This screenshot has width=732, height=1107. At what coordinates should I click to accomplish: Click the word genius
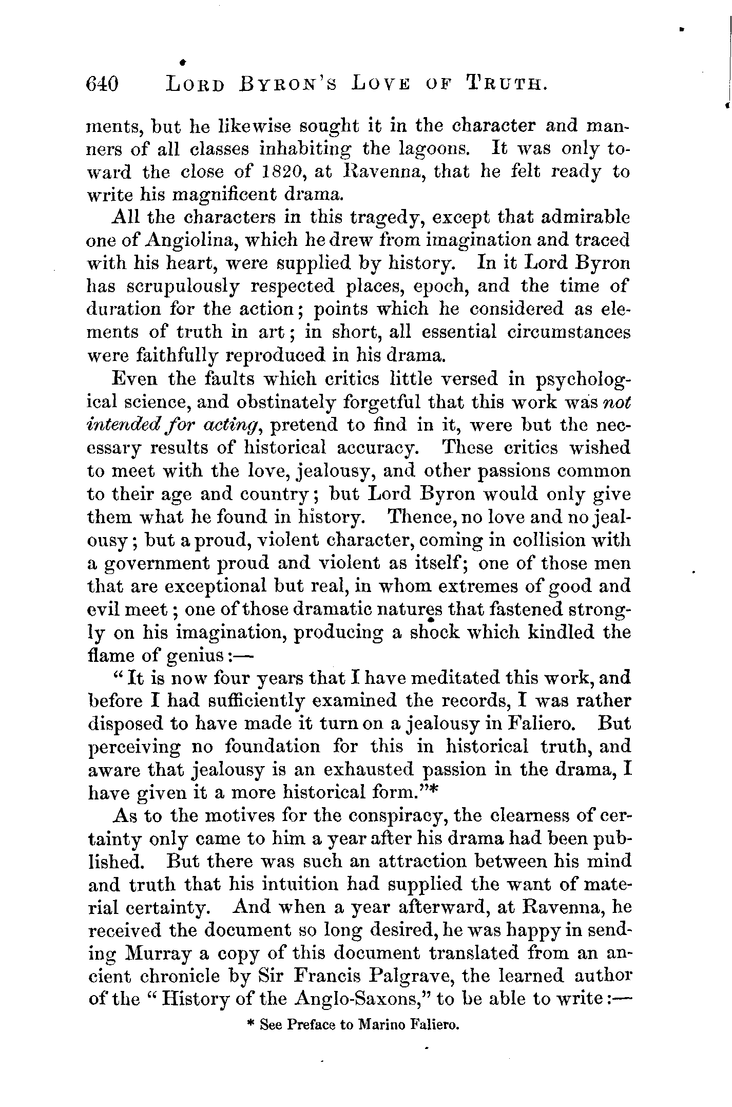(x=198, y=657)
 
